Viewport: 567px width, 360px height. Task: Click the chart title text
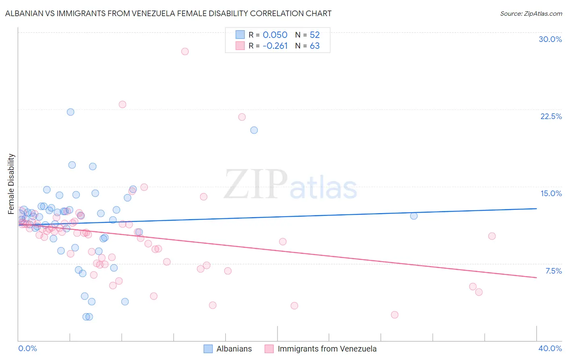[168, 13]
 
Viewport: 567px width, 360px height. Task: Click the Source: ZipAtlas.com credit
[531, 13]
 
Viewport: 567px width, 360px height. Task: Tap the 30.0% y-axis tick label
[550, 39]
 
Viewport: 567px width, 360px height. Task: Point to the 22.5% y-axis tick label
[551, 116]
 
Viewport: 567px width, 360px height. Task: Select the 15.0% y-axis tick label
[551, 193]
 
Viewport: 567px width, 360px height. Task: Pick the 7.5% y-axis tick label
[553, 271]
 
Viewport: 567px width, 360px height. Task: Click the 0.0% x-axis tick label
[27, 348]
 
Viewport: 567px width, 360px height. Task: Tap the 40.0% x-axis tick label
[550, 348]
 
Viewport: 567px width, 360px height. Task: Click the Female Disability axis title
[11, 184]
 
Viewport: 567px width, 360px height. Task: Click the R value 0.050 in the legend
[275, 35]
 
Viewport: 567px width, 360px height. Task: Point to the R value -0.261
[275, 46]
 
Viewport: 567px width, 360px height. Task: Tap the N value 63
[315, 46]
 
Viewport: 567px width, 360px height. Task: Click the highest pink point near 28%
[185, 51]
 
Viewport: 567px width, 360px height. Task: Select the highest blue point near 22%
[71, 112]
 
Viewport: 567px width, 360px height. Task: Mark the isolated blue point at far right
[414, 216]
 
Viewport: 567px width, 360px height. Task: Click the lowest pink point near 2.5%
[394, 315]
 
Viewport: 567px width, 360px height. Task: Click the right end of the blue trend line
[536, 209]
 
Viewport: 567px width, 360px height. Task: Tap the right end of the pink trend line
[536, 278]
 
